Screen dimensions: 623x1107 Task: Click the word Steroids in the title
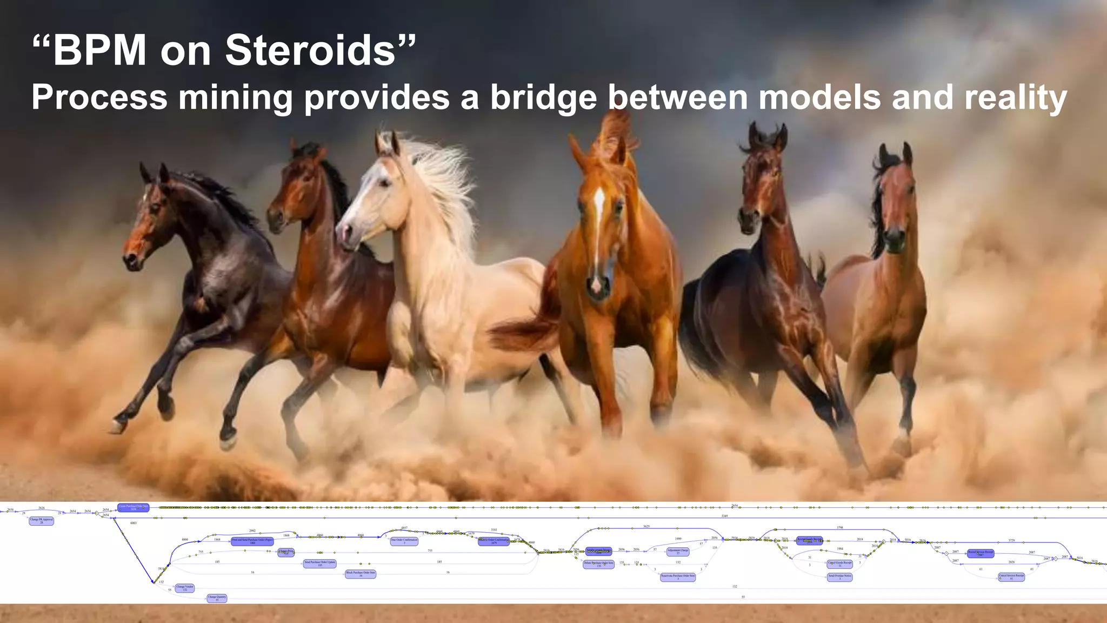[x=310, y=51]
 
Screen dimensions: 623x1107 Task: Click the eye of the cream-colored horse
[x=385, y=184]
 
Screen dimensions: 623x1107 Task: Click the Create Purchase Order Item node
[x=133, y=508]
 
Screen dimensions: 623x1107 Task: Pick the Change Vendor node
[x=185, y=588]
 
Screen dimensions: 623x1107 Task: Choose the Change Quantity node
[x=217, y=599]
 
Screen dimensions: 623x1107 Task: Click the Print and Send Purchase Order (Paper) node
[x=252, y=541]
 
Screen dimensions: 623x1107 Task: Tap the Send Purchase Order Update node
[x=320, y=564]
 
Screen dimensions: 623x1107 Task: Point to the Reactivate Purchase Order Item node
[x=678, y=577]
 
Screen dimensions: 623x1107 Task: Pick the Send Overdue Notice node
[x=840, y=577]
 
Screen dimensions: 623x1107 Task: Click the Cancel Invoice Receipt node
[x=1011, y=576]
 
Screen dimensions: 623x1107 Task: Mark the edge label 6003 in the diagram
[x=134, y=523]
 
